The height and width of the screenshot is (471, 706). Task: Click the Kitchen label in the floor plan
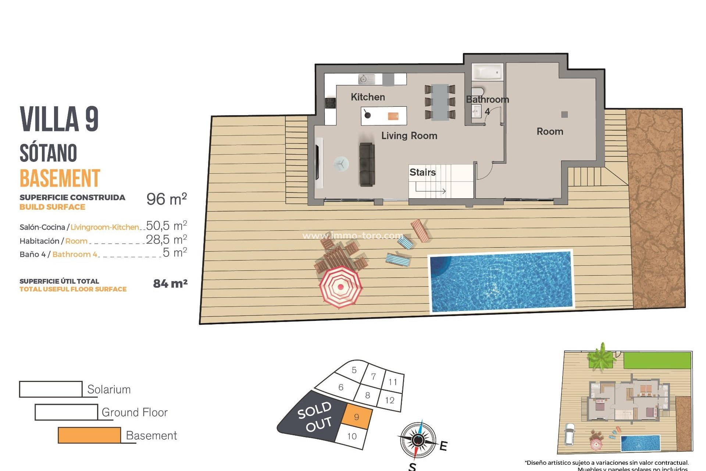tap(368, 97)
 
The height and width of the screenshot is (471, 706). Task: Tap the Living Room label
tap(409, 136)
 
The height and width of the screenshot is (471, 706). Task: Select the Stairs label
tap(422, 172)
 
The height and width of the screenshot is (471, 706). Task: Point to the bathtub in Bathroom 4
tap(487, 72)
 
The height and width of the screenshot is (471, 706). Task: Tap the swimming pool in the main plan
tap(501, 281)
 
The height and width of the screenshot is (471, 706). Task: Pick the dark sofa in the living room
tap(367, 164)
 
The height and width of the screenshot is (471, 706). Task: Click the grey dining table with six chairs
tap(440, 102)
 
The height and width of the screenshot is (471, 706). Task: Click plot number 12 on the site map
tap(390, 400)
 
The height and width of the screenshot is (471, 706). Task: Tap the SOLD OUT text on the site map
tap(315, 417)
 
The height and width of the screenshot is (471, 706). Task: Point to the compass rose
tap(418, 440)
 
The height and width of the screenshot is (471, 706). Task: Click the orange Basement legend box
tap(89, 435)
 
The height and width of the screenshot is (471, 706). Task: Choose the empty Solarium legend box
tap(51, 389)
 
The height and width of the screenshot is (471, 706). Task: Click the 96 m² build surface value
tap(167, 199)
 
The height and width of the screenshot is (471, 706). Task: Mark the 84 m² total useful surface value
tap(170, 284)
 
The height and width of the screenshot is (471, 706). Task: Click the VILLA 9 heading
tap(59, 119)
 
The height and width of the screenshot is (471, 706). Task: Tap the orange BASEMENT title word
tap(60, 178)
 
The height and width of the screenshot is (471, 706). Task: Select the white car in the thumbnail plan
tap(570, 434)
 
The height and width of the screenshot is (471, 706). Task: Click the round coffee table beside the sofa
tap(341, 164)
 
